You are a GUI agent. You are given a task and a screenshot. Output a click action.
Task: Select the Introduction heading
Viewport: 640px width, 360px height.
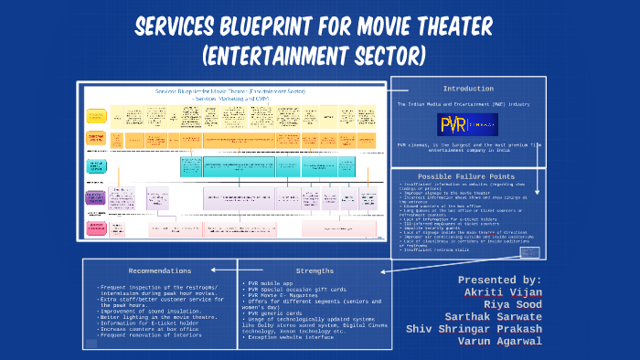pyautogui.click(x=468, y=89)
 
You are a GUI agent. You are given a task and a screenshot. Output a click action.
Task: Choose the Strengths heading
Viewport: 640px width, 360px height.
pyautogui.click(x=315, y=270)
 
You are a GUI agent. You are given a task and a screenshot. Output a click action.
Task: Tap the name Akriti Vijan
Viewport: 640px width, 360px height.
pyautogui.click(x=503, y=292)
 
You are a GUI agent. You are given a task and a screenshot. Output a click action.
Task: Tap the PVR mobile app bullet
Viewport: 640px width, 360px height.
pyautogui.click(x=274, y=284)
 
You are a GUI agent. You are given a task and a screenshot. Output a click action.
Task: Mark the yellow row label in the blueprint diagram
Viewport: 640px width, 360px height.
pyautogui.click(x=96, y=116)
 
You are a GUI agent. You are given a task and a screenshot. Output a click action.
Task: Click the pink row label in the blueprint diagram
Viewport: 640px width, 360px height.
pyautogui.click(x=96, y=228)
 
